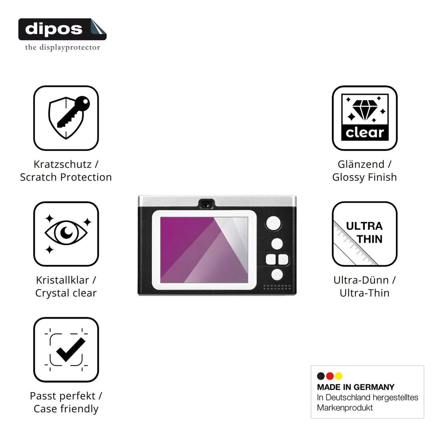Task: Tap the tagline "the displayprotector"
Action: click(x=63, y=47)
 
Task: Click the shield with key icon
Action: click(x=69, y=117)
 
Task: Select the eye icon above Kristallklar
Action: click(x=66, y=232)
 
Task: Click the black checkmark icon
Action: click(x=71, y=350)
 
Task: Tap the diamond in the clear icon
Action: click(x=365, y=110)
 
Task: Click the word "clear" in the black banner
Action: click(x=365, y=133)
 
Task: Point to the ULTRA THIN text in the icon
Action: click(x=364, y=233)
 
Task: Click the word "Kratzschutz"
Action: click(x=62, y=164)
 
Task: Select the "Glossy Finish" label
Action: click(x=364, y=177)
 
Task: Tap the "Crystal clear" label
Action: click(x=66, y=293)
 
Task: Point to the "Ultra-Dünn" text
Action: click(x=361, y=280)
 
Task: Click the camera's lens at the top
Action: click(x=207, y=204)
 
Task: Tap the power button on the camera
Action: click(x=273, y=223)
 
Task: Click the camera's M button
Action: click(x=283, y=259)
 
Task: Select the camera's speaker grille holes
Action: click(x=277, y=287)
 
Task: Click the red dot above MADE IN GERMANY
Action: click(x=330, y=376)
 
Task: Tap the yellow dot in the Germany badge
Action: click(x=339, y=376)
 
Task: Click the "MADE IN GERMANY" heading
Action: click(x=356, y=387)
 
